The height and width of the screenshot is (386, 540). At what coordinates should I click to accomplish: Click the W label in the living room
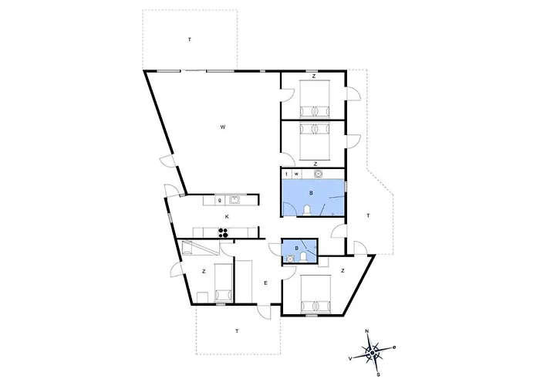click(223, 127)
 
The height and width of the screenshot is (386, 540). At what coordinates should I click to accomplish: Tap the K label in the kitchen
click(227, 217)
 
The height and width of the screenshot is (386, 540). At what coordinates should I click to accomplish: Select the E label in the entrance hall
click(265, 283)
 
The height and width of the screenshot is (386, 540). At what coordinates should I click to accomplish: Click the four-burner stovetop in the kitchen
click(223, 233)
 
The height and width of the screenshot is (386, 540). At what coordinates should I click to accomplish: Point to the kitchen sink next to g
click(234, 200)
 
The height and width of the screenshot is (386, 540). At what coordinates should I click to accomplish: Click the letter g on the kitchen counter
click(220, 200)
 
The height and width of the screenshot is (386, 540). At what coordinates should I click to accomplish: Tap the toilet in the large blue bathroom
click(306, 210)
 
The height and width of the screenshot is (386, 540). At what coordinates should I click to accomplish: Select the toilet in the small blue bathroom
click(303, 257)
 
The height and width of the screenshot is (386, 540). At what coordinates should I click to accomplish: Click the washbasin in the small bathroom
click(291, 258)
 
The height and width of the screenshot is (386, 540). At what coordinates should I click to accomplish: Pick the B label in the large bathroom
click(311, 193)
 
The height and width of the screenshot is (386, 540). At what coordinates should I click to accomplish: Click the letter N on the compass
click(366, 331)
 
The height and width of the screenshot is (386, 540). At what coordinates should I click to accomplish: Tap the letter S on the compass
click(378, 375)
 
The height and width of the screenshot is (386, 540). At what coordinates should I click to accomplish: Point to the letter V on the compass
click(350, 359)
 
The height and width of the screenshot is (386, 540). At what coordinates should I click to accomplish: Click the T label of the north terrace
click(190, 39)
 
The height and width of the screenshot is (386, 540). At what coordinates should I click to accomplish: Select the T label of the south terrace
click(237, 331)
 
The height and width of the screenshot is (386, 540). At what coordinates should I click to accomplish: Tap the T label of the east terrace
click(368, 215)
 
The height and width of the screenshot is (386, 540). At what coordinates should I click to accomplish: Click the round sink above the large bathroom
click(318, 174)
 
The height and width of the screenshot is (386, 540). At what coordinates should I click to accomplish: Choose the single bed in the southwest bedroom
click(223, 283)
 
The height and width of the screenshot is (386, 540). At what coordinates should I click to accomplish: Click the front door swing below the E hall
click(264, 312)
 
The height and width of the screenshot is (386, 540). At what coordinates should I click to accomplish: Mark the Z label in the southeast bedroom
click(343, 271)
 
